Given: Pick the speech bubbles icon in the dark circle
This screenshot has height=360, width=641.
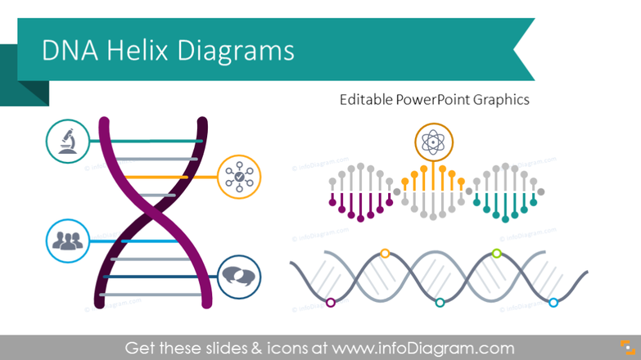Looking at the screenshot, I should [240, 276].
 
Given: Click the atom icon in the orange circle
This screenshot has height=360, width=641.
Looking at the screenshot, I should [431, 142].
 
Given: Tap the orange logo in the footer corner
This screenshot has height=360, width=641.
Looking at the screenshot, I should [623, 347].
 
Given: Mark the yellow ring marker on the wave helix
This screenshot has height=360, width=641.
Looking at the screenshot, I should [385, 254].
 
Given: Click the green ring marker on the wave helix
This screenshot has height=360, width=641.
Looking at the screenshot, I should [496, 254].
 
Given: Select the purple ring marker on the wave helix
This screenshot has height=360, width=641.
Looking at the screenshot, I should [330, 303].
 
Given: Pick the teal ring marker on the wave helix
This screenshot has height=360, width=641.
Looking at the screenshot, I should [440, 303].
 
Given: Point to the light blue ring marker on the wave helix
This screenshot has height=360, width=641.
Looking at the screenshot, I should [553, 303].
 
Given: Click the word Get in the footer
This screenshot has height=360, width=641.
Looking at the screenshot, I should [140, 348].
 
